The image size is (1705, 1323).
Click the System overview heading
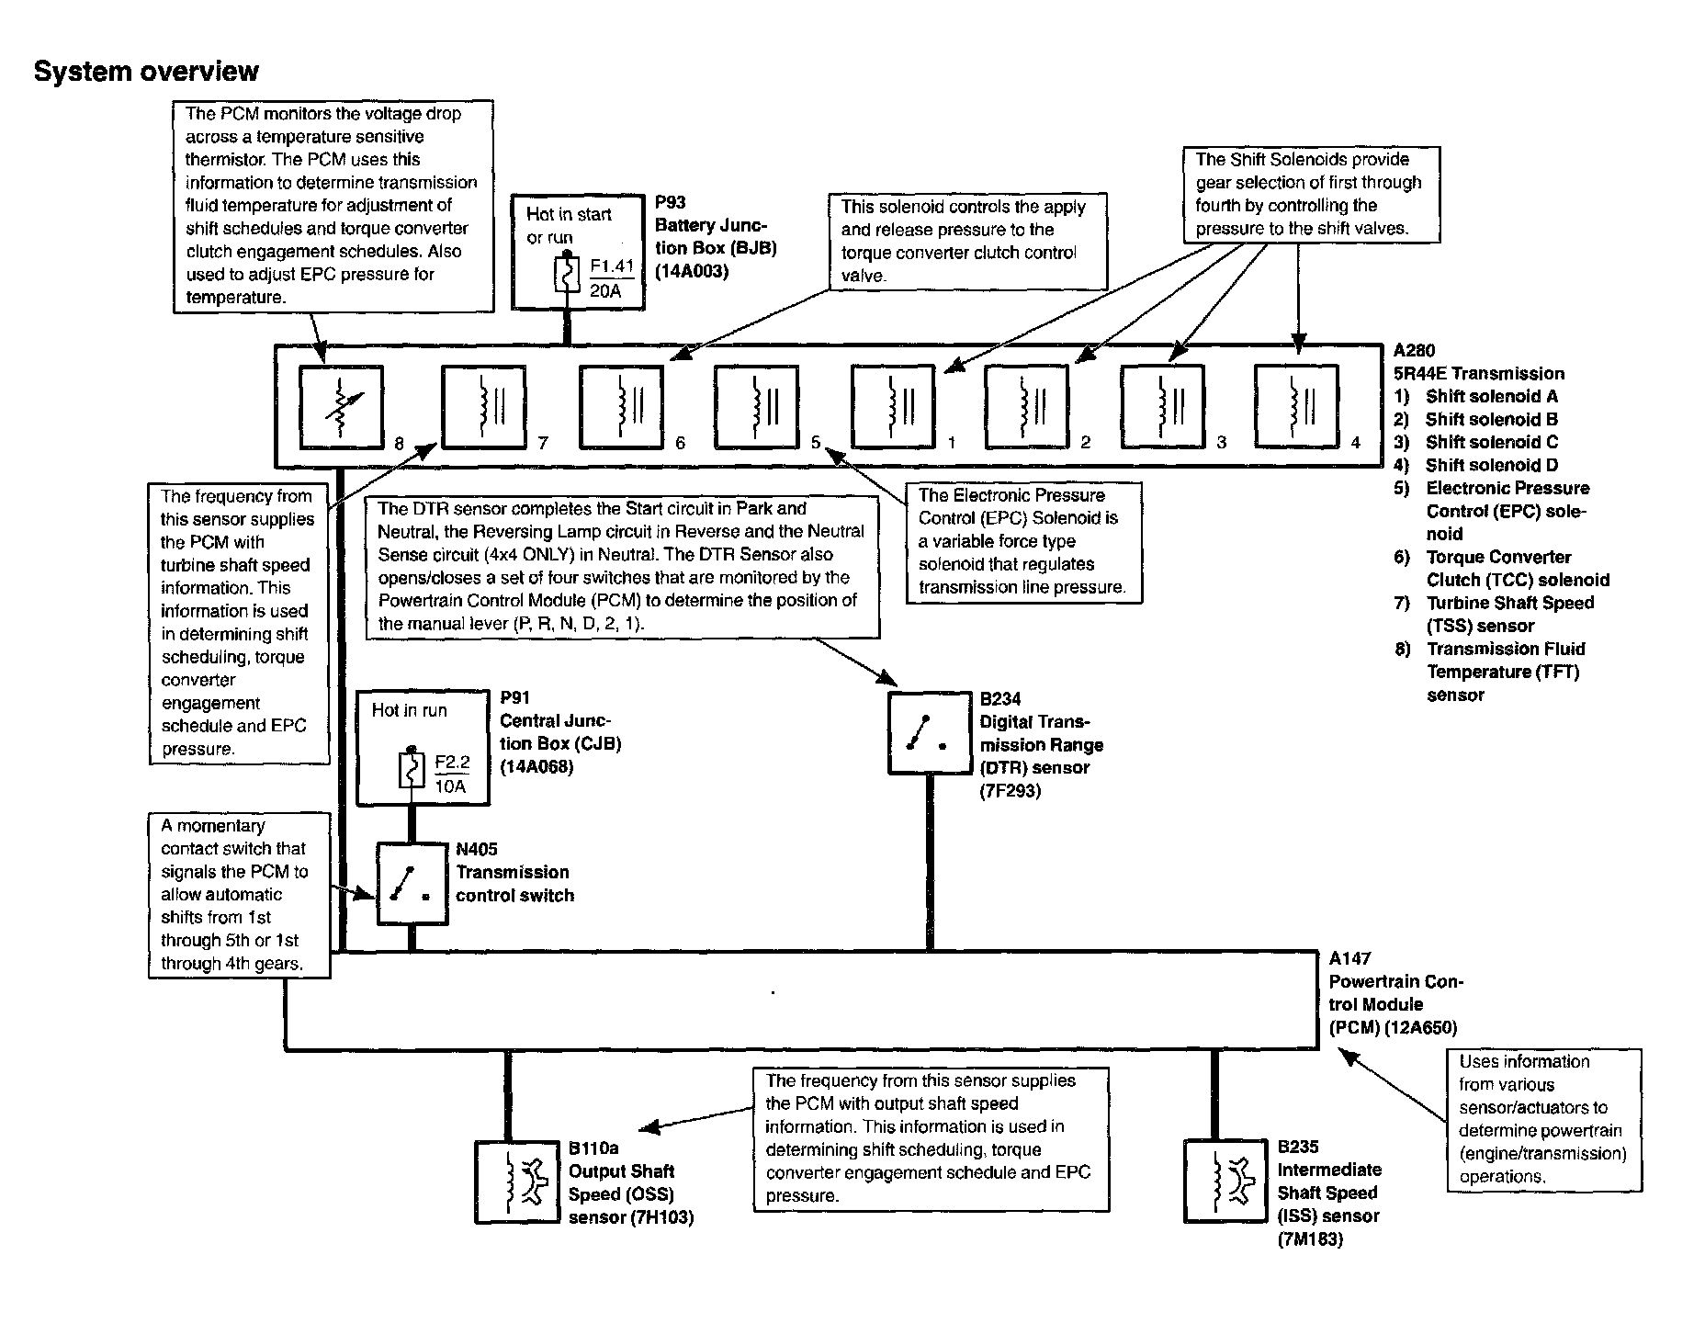point(146,72)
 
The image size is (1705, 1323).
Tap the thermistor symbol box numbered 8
point(342,407)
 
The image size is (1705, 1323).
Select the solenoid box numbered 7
point(484,407)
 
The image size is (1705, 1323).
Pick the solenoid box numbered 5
point(756,407)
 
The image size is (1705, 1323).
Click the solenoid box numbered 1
point(892,407)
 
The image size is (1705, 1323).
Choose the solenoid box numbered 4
point(1296,407)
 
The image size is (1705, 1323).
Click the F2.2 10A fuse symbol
point(411,771)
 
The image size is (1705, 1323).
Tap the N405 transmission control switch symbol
point(411,884)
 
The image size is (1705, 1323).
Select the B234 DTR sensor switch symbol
point(929,732)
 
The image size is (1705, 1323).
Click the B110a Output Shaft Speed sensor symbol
point(515,1182)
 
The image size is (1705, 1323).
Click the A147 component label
point(1349,958)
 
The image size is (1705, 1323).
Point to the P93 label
point(670,203)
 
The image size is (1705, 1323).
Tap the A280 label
point(1413,350)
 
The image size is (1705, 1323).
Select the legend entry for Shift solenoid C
point(1492,442)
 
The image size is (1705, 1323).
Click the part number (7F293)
point(1010,790)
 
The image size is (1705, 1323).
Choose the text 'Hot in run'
point(409,710)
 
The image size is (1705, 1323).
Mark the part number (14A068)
point(536,766)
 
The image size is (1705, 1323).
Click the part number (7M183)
point(1309,1238)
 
